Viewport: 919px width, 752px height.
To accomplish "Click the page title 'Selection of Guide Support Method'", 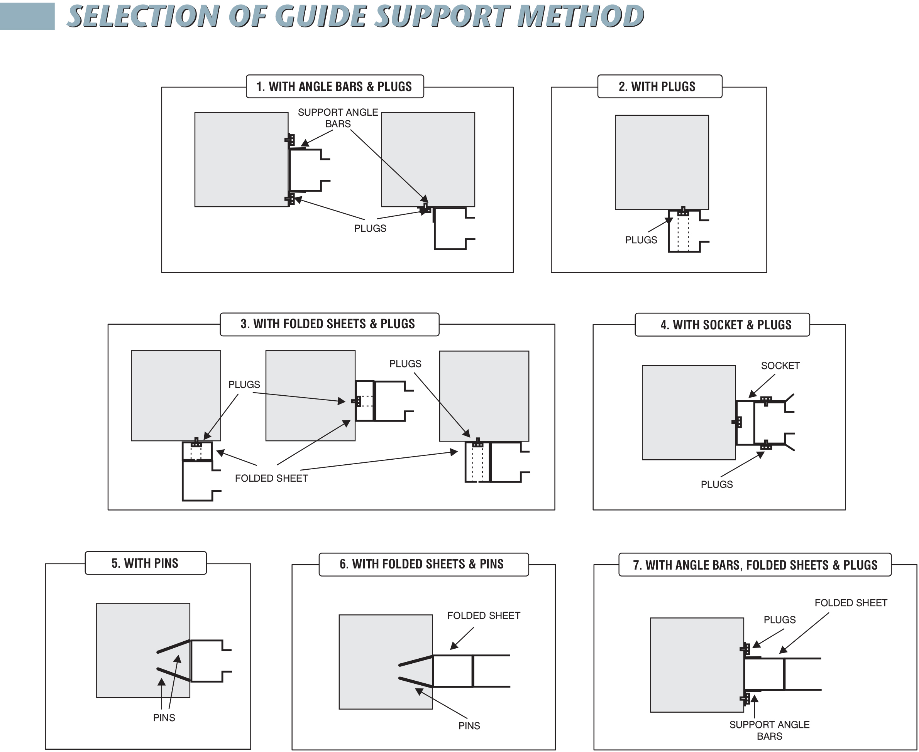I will [x=355, y=16].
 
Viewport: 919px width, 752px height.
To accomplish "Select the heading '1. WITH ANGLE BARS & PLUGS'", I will [x=334, y=87].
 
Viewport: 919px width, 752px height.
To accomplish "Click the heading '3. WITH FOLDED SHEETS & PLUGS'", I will [x=328, y=324].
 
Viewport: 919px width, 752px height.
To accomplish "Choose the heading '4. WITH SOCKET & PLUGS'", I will [x=726, y=325].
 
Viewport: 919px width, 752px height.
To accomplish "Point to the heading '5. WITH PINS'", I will [x=145, y=563].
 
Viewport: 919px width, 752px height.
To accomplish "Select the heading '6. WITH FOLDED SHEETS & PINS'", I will [x=421, y=564].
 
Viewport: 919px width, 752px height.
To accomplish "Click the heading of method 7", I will [x=755, y=565].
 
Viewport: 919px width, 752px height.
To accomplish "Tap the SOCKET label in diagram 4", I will [x=780, y=366].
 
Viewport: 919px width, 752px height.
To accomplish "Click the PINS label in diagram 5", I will [x=164, y=718].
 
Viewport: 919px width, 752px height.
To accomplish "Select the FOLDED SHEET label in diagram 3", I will [x=271, y=478].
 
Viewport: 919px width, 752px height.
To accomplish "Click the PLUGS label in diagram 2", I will [x=641, y=240].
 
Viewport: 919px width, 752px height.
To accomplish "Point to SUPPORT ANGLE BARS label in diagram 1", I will [x=338, y=118].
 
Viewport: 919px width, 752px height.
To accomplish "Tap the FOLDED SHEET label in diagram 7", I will [x=851, y=603].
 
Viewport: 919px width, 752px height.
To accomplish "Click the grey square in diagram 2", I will [x=662, y=162].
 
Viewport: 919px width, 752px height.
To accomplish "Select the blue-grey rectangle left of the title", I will [x=27, y=16].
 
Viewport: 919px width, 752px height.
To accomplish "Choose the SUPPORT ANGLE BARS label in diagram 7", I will [x=769, y=730].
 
